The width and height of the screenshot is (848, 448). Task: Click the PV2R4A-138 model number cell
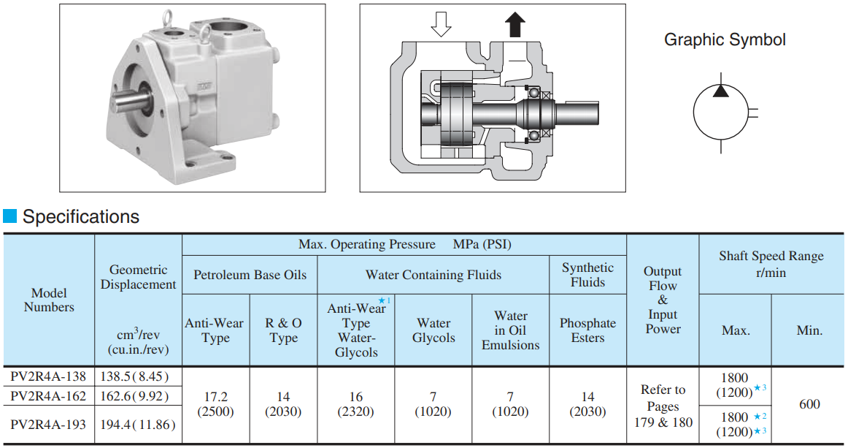[49, 377]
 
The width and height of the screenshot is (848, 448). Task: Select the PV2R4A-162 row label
[49, 396]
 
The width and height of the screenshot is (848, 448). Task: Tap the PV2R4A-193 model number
[49, 424]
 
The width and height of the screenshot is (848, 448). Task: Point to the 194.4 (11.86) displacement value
[138, 424]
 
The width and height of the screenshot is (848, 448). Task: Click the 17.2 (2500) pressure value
[215, 404]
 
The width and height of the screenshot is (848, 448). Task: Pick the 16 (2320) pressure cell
[355, 404]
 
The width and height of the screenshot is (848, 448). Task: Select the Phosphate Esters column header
[587, 330]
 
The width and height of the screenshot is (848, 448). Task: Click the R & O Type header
[283, 330]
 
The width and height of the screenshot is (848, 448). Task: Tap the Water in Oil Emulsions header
[510, 330]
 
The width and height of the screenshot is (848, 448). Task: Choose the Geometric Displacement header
[138, 277]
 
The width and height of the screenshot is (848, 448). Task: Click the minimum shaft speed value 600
[809, 404]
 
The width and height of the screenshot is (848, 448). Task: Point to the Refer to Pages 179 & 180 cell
[663, 406]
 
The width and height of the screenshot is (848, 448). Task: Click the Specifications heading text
[81, 217]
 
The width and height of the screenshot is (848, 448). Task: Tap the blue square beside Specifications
[10, 216]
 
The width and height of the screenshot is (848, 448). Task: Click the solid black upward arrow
[515, 26]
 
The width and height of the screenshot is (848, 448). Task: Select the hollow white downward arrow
[440, 26]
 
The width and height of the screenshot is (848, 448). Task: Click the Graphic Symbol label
[725, 39]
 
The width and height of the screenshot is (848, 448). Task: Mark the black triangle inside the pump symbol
[720, 91]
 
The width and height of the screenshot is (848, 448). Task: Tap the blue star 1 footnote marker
[382, 300]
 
